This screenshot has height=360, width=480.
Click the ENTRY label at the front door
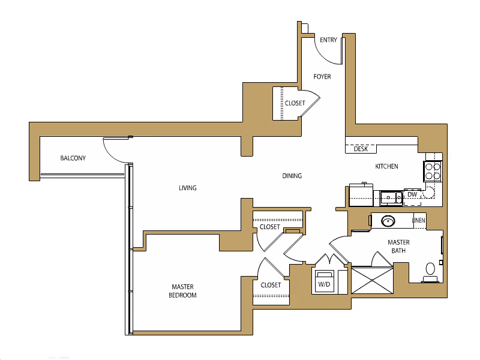(328, 40)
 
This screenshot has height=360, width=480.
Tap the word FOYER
(322, 77)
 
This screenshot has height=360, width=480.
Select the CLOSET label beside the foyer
(295, 103)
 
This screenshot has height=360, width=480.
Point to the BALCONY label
(73, 158)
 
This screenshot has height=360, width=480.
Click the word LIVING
(188, 188)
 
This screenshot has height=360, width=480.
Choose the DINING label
(292, 176)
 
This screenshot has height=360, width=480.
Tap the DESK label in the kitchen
(361, 149)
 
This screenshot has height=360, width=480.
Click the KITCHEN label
(386, 166)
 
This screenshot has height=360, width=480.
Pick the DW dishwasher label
(412, 194)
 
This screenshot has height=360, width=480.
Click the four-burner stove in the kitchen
(433, 171)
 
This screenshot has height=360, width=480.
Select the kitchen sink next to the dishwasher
(392, 197)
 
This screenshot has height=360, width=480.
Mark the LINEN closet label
(419, 220)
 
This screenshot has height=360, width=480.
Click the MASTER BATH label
(398, 246)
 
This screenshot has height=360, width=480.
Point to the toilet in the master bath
(430, 271)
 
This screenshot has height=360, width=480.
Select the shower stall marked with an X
(371, 280)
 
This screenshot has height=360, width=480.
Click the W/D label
(325, 283)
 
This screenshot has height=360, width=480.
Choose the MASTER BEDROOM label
(184, 291)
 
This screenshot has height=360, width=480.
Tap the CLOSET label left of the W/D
(271, 285)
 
